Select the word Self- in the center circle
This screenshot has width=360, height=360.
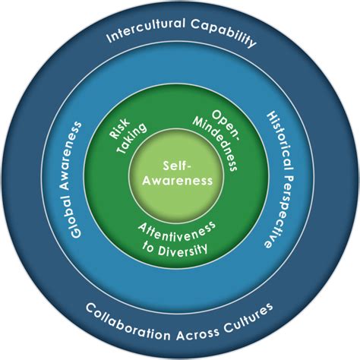point(179,165)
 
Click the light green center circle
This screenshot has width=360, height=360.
point(179,197)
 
